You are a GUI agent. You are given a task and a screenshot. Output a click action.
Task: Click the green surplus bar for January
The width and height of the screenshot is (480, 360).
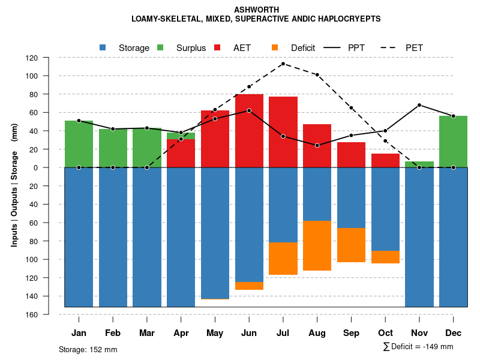[x=79, y=144]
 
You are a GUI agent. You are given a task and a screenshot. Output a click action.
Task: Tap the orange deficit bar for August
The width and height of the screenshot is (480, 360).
[x=317, y=245]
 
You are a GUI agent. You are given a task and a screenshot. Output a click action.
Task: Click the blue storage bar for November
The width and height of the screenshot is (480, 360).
[x=419, y=237]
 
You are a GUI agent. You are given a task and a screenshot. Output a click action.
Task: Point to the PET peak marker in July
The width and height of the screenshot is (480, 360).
[x=283, y=64]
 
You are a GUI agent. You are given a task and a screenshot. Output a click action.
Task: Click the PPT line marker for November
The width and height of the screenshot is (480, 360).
[x=419, y=105]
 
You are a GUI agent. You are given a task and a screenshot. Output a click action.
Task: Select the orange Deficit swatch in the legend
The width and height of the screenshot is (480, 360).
[x=275, y=47]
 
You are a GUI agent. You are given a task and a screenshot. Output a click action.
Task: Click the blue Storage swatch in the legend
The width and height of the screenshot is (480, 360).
[x=103, y=47]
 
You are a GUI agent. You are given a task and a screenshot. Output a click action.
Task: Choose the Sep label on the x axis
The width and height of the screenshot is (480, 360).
[x=351, y=333]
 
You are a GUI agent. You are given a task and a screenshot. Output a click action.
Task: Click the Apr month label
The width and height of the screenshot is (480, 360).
[x=181, y=333]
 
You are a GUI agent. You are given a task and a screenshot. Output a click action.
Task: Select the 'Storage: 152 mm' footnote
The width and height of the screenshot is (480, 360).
[x=88, y=349]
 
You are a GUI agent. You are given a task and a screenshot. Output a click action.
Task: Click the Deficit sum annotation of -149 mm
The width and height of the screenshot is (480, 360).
[x=418, y=346]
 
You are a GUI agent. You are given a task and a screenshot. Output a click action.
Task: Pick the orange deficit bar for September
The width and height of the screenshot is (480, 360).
[x=351, y=245]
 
